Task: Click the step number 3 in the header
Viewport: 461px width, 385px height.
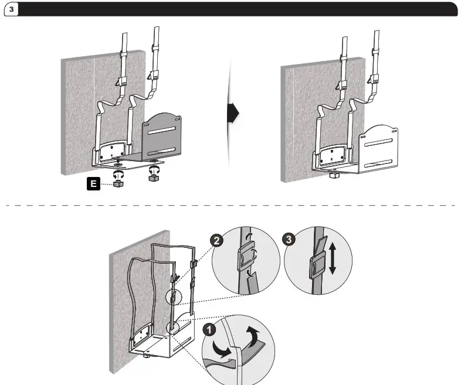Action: (x=12, y=11)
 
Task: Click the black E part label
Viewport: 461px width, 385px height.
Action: (x=92, y=184)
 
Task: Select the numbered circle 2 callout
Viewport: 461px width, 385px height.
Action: (x=216, y=239)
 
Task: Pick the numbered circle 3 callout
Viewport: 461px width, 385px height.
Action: (x=289, y=239)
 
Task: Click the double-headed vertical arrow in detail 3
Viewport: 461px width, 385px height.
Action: (x=332, y=259)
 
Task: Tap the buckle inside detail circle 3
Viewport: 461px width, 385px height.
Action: (x=316, y=267)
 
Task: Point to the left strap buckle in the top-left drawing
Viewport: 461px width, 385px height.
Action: (x=124, y=82)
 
